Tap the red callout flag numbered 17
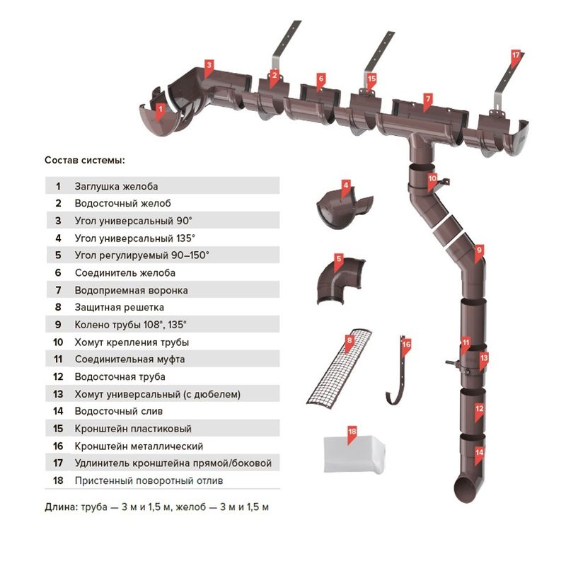pyautogui.click(x=515, y=55)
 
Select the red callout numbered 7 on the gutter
pyautogui.click(x=427, y=98)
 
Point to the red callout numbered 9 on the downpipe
pyautogui.click(x=479, y=250)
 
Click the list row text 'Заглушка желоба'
pyautogui.click(x=116, y=187)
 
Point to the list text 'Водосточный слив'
pyautogui.click(x=119, y=411)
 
